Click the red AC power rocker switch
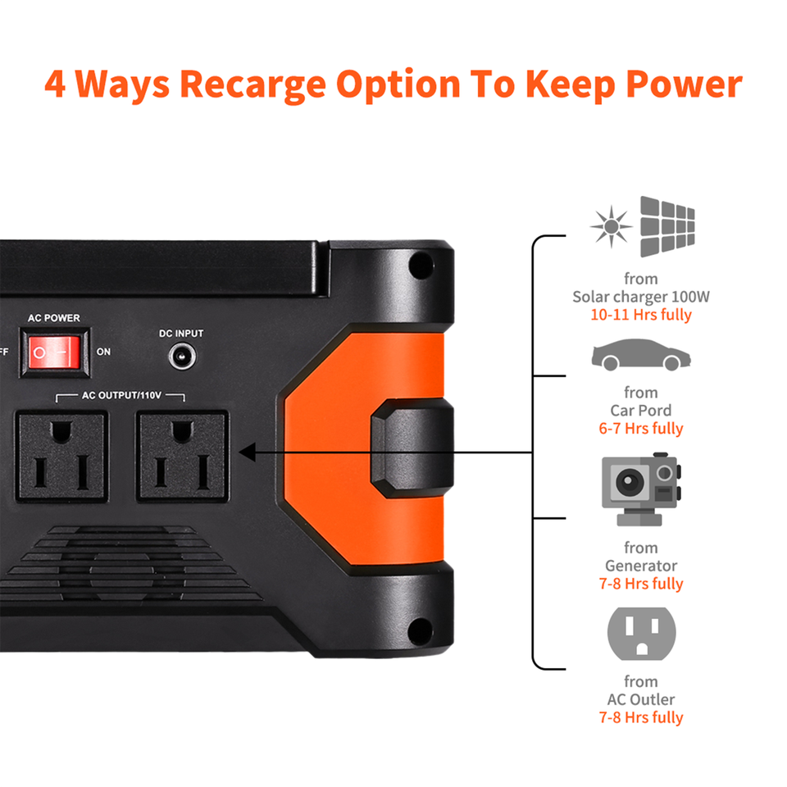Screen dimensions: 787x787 point(54,353)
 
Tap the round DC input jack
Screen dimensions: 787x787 point(182,357)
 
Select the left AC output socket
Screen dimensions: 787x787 point(61,456)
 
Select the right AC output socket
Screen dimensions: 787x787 point(183,456)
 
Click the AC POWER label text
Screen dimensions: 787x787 point(54,318)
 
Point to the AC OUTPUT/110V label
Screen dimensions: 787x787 point(121,395)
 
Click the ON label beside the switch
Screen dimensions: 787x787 point(103,352)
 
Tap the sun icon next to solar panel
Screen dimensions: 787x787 point(611,226)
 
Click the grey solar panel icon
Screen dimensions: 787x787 point(667,226)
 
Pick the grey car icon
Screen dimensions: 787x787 point(641,355)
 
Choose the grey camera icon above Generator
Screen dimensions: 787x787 point(641,489)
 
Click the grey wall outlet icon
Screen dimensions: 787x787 point(641,634)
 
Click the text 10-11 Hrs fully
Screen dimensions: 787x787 point(641,315)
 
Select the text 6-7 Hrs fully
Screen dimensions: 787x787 point(641,429)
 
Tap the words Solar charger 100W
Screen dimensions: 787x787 point(641,297)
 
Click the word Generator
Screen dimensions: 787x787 point(641,566)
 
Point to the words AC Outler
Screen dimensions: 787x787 point(641,699)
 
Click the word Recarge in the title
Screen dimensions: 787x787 point(253,84)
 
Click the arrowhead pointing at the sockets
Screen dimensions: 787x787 point(247,453)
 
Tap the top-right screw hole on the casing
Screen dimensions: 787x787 point(421,265)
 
